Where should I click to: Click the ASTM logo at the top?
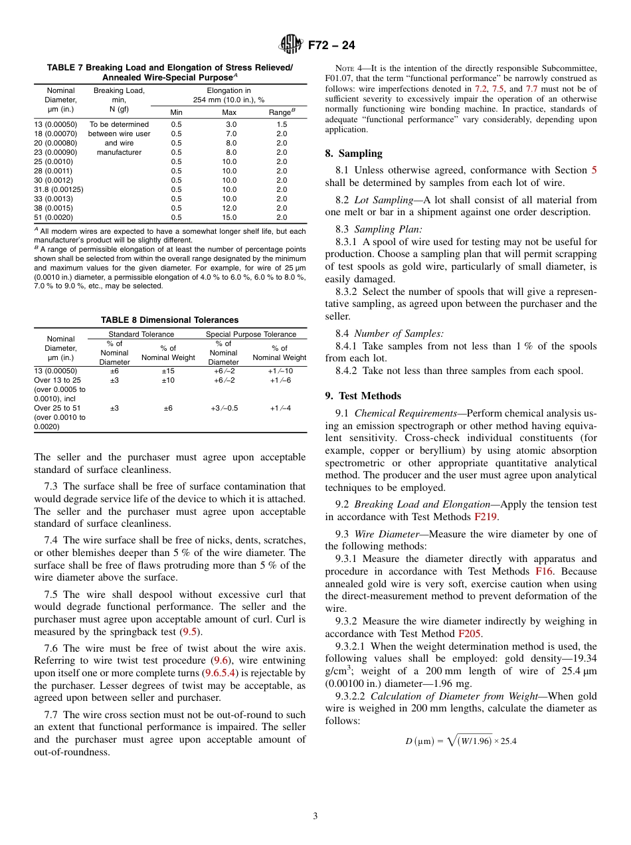290,45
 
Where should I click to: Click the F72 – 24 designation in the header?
331,45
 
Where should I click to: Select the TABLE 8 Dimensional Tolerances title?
169,320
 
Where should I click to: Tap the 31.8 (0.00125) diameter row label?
58,189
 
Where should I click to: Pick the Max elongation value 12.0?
229,208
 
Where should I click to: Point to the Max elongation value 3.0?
230,124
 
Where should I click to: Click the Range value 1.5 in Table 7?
282,124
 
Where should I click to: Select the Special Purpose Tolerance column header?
251,334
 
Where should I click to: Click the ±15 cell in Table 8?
168,371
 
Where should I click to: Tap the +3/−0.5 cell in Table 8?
223,408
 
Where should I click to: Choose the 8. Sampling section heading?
353,153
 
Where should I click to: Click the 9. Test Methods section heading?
363,396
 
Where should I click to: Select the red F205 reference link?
470,634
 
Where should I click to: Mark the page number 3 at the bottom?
315,816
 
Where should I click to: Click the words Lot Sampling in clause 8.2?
383,200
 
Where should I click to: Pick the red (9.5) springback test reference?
193,632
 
